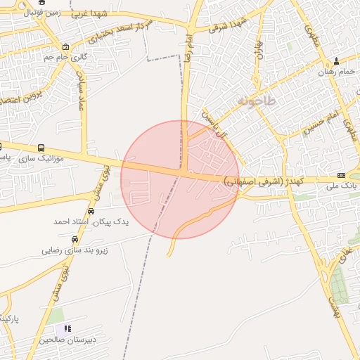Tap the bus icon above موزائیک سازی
coord(41,148)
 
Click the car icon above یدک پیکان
coord(91,211)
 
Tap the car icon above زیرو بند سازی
coord(75,239)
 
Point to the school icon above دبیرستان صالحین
coord(67,328)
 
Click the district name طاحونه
coord(257,101)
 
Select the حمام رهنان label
coord(336,72)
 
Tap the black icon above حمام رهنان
coord(336,60)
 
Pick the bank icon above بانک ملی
coord(342,175)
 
